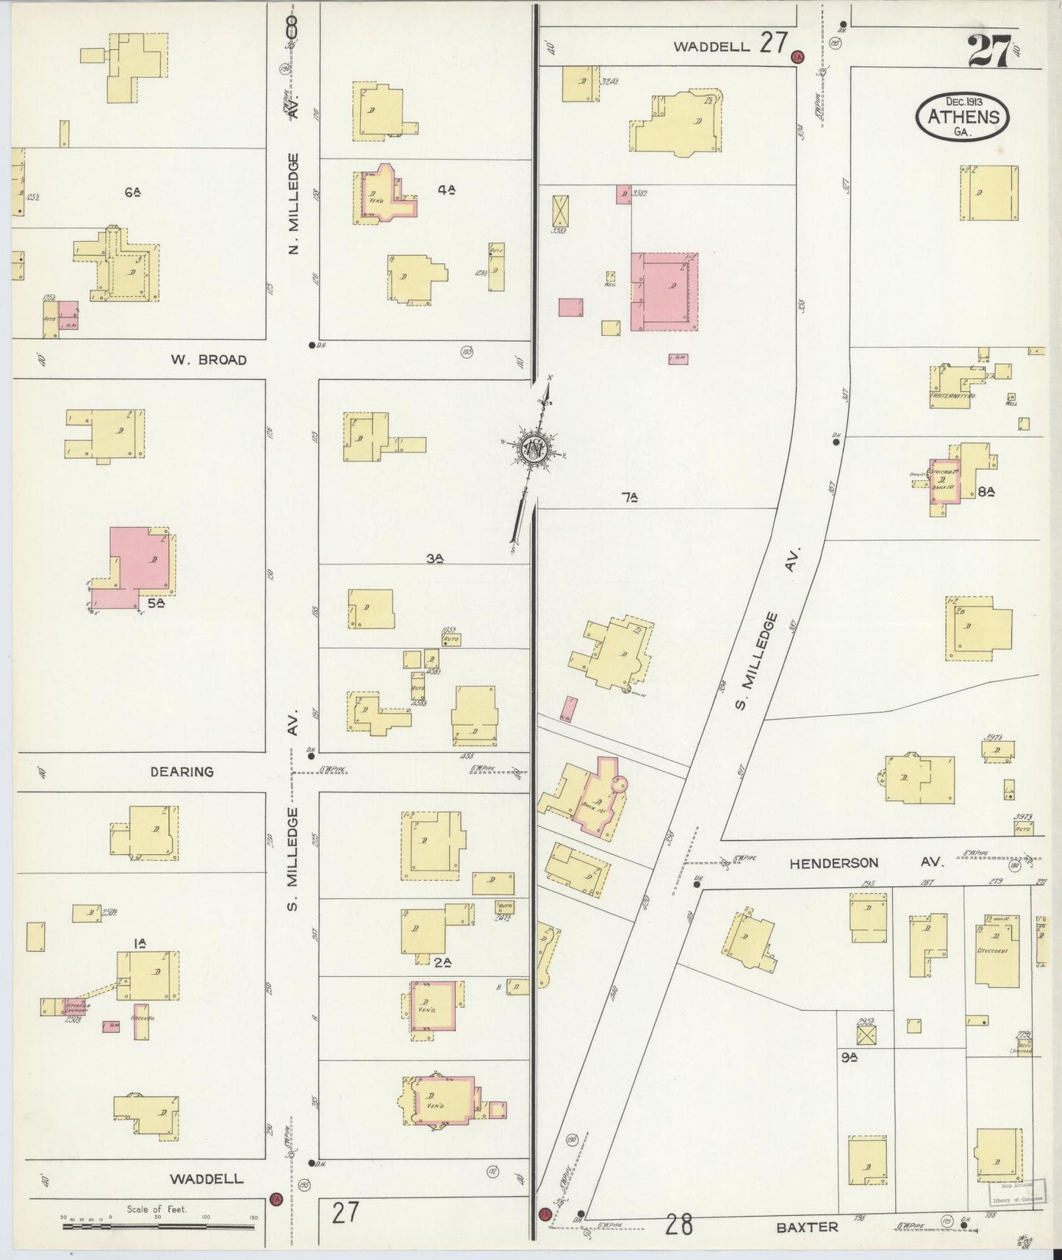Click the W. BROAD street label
tap(209, 360)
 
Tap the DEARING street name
tap(182, 772)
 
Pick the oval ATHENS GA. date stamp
tap(963, 116)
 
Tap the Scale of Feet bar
tap(157, 1225)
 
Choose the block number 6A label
tap(132, 192)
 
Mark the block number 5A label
tap(155, 603)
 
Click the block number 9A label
tap(850, 1058)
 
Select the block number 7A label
tap(628, 498)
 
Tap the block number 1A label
tap(139, 942)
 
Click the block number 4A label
tap(447, 189)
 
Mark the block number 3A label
tap(435, 558)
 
